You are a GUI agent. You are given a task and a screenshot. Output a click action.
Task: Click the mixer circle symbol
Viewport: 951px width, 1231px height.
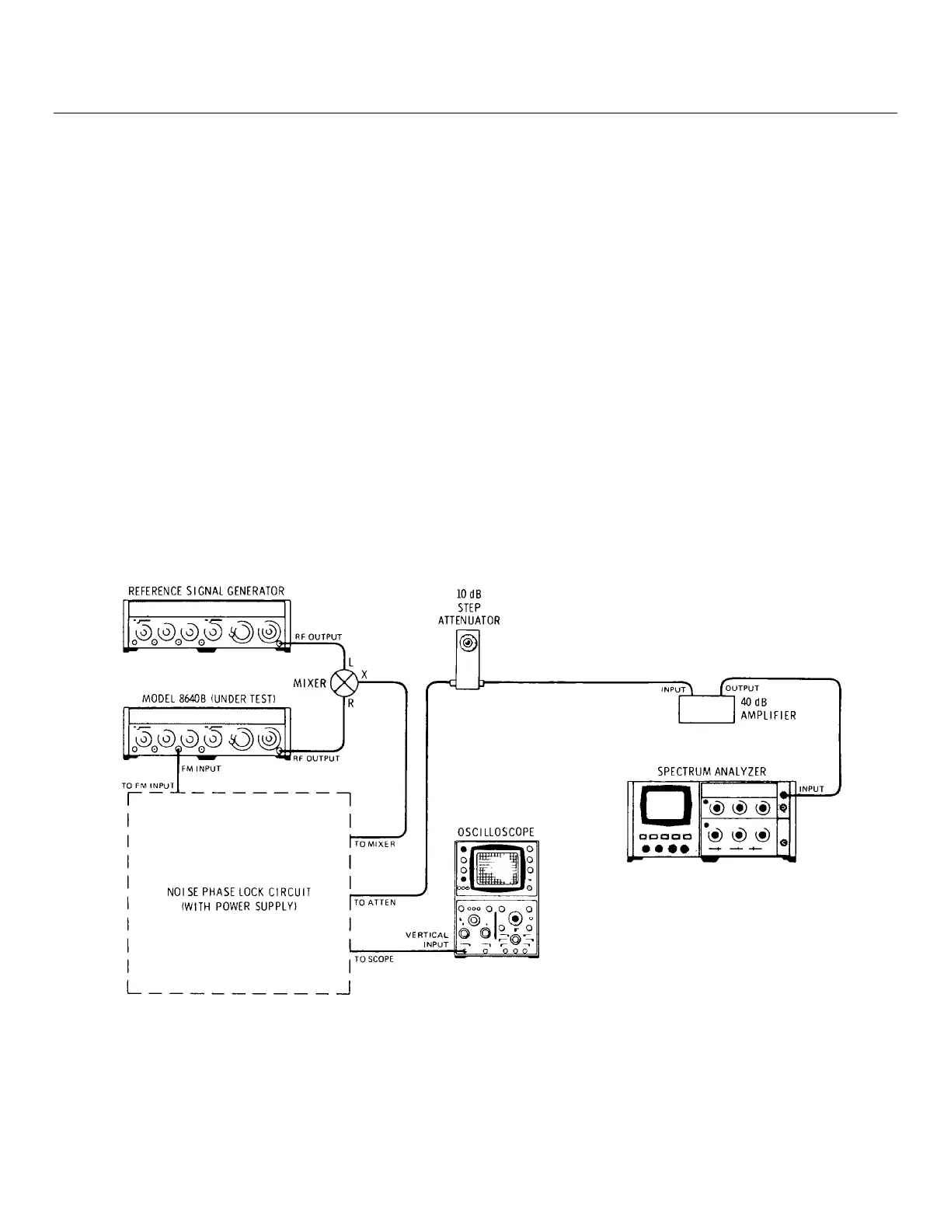(x=343, y=684)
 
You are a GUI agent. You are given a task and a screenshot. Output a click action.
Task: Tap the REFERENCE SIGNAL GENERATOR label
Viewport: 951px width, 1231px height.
(x=206, y=591)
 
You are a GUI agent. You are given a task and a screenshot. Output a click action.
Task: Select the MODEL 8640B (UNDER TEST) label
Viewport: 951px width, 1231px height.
(x=208, y=699)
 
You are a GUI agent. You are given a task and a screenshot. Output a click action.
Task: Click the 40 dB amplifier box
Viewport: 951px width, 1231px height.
(x=706, y=709)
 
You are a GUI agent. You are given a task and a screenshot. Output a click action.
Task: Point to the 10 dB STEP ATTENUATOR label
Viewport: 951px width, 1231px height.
(x=469, y=608)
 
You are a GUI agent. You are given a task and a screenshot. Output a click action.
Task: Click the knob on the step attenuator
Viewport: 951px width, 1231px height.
(x=468, y=643)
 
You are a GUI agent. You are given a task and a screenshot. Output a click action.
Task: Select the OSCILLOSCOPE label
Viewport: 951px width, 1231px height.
(x=496, y=832)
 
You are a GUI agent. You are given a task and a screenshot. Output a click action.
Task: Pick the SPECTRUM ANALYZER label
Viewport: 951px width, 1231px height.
(x=712, y=772)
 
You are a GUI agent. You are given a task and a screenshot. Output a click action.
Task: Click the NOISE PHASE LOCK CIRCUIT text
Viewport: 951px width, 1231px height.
(x=239, y=899)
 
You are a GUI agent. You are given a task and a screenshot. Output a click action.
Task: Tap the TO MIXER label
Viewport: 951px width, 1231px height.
(x=375, y=844)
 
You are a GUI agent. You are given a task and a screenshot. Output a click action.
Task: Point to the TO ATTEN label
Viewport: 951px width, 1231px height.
(x=375, y=903)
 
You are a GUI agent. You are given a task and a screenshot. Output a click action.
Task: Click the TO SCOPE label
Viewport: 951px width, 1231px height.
(x=374, y=960)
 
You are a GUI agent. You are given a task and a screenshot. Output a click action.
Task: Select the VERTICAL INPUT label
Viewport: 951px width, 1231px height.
(x=427, y=940)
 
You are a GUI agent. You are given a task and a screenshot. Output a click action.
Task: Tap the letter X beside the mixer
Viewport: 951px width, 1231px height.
(x=364, y=675)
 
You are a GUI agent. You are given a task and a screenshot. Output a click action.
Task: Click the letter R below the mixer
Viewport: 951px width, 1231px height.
(x=350, y=704)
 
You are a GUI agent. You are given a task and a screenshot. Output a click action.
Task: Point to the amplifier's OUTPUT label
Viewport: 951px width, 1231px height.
(x=742, y=689)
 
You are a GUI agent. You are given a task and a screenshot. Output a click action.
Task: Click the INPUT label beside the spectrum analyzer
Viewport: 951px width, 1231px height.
(x=811, y=789)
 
